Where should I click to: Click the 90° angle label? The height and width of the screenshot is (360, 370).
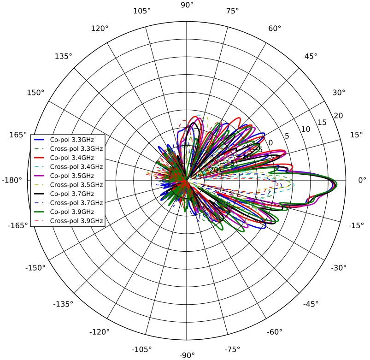pyautogui.click(x=187, y=5)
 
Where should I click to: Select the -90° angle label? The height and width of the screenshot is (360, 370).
pyautogui.click(x=187, y=355)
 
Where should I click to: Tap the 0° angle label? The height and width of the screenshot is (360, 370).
pyautogui.click(x=362, y=180)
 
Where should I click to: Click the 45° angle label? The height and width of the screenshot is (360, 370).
pyautogui.click(x=311, y=56)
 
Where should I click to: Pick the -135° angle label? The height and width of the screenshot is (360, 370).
pyautogui.click(x=63, y=304)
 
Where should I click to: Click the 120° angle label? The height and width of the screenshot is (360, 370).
pyautogui.click(x=100, y=29)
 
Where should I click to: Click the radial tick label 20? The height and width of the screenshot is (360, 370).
pyautogui.click(x=338, y=115)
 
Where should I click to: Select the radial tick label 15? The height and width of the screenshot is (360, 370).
pyautogui.click(x=323, y=122)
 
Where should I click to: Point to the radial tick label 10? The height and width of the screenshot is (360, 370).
pyautogui.click(x=306, y=129)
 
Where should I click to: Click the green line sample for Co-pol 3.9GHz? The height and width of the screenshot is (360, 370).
pyautogui.click(x=40, y=212)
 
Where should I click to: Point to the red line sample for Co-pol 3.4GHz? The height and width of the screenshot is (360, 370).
pyautogui.click(x=40, y=158)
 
